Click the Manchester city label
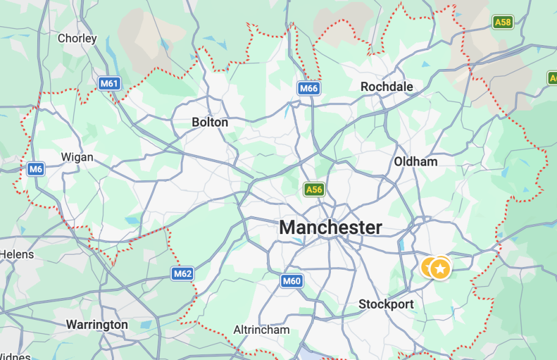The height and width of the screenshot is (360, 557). [331, 228]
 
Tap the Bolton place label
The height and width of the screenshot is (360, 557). [210, 122]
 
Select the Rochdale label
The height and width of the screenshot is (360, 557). [386, 87]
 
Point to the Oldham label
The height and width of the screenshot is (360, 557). [416, 161]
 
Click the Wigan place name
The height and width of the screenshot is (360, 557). [77, 157]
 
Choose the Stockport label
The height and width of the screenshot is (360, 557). [386, 304]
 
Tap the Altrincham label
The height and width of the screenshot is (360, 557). [262, 329]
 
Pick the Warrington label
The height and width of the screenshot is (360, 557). [97, 325]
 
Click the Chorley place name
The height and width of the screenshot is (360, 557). [77, 38]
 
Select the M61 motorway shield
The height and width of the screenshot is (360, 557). [109, 83]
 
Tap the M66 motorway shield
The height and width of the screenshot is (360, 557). [309, 88]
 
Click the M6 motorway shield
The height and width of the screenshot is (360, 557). [36, 169]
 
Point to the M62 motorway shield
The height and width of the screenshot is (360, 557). [183, 273]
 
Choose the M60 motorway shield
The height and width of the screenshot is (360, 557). [292, 281]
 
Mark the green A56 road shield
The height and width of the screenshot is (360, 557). [314, 189]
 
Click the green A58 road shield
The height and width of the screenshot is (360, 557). [503, 23]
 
